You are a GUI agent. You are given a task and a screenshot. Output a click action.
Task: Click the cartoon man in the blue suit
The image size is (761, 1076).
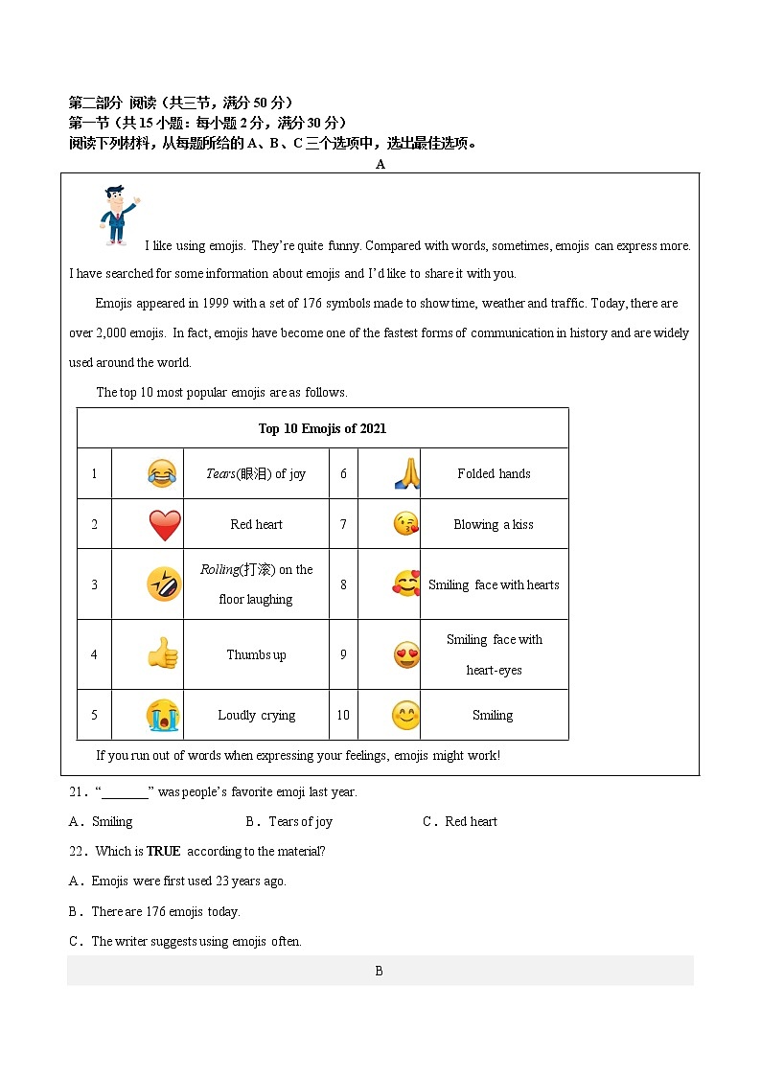click(x=117, y=215)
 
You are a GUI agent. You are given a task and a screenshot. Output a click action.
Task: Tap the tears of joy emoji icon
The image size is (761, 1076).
click(x=162, y=473)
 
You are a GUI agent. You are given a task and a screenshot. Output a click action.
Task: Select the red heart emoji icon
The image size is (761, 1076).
click(x=164, y=525)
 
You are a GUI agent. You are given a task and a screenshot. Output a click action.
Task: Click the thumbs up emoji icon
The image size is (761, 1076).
click(x=162, y=654)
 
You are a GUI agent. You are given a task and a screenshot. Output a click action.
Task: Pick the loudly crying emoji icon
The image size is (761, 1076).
click(x=162, y=715)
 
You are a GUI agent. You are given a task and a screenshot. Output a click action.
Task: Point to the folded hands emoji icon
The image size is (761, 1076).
click(x=406, y=473)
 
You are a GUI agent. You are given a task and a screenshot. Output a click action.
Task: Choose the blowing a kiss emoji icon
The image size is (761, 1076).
click(x=406, y=524)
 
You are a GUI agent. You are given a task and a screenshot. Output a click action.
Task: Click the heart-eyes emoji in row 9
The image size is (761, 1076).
click(x=406, y=655)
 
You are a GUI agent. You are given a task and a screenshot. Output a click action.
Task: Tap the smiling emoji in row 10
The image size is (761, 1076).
click(x=406, y=715)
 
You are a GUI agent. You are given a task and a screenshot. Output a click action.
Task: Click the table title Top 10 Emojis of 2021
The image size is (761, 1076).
click(x=322, y=428)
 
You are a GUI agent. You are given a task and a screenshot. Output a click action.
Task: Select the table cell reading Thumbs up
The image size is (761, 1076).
click(x=256, y=655)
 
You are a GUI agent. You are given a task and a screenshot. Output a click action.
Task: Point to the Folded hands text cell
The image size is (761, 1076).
click(x=494, y=473)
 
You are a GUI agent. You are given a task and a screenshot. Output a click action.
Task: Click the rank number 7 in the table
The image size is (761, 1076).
click(x=343, y=524)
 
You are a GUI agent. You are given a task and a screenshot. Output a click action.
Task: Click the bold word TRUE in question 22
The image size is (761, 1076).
click(x=163, y=851)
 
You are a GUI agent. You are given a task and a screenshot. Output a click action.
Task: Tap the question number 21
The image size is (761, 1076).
click(x=78, y=791)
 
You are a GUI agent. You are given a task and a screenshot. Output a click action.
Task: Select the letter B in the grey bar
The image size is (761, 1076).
click(x=379, y=971)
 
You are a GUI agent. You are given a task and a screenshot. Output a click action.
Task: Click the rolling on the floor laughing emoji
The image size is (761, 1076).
click(x=164, y=584)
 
